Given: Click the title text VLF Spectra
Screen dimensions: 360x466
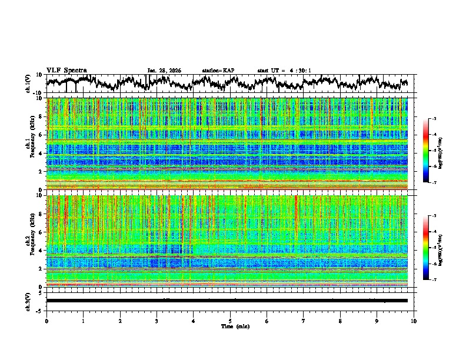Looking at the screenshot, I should (66, 70).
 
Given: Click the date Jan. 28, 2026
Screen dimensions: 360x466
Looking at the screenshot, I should (164, 71).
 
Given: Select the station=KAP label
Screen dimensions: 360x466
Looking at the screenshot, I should (218, 71).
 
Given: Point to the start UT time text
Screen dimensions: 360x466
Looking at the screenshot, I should (284, 71).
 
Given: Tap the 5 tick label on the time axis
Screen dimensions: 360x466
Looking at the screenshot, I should (231, 321).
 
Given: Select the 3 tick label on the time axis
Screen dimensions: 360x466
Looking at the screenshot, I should (157, 321).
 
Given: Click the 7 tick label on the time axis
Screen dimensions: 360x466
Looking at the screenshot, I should (304, 321).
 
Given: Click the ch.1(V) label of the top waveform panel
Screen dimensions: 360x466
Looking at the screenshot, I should (28, 84).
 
